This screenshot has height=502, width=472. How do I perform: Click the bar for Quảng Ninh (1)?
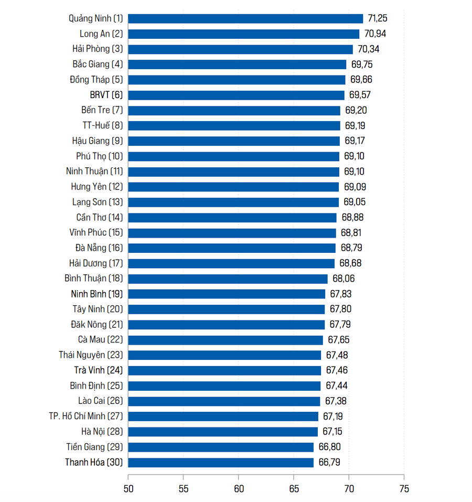pyautogui.click(x=245, y=18)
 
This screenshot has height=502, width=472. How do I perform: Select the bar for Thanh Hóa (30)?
pyautogui.click(x=221, y=462)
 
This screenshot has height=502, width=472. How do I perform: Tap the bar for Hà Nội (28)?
pyautogui.click(x=223, y=432)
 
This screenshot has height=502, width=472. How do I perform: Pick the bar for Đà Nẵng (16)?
pyautogui.click(x=232, y=248)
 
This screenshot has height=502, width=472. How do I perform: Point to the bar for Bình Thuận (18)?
pyautogui.click(x=228, y=279)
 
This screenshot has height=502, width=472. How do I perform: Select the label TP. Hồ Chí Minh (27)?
pyautogui.click(x=85, y=416)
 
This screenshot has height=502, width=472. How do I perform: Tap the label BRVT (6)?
pyautogui.click(x=106, y=95)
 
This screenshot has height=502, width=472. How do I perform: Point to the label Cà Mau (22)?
pyautogui.click(x=100, y=340)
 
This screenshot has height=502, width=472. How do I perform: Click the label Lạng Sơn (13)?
pyautogui.click(x=97, y=202)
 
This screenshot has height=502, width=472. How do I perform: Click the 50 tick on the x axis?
pyautogui.click(x=128, y=489)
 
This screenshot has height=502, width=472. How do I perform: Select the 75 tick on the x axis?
pyautogui.click(x=403, y=489)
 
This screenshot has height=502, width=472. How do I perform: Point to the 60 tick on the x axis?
pyautogui.click(x=238, y=489)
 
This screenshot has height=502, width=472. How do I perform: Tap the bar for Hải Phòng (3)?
pyautogui.click(x=240, y=49)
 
